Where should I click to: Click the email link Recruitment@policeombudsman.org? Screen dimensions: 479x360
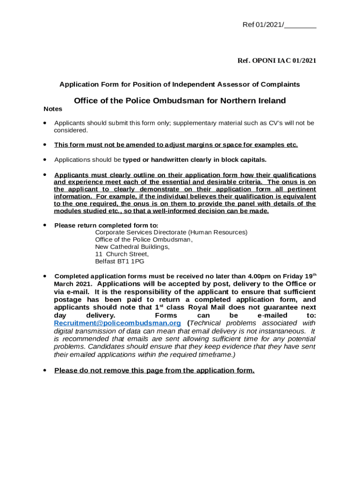[x=117, y=323]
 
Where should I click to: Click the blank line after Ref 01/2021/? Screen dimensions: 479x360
[x=300, y=25]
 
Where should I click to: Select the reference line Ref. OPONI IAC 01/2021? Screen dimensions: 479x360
[x=277, y=61]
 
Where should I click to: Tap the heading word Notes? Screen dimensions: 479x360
[x=53, y=109]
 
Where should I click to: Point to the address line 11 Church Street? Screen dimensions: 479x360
[x=122, y=254]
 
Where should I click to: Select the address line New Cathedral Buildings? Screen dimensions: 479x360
[x=132, y=247]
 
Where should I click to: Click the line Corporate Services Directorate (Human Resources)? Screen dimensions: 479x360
[x=171, y=232]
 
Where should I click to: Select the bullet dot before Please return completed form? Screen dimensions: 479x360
[x=44, y=225]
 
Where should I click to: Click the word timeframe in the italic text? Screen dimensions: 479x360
[x=210, y=355]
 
